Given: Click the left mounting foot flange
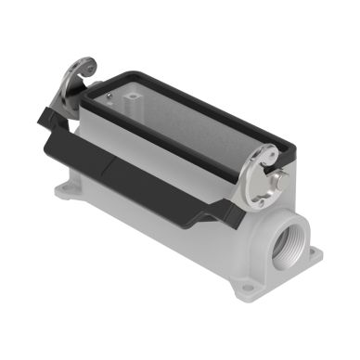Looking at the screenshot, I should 70,193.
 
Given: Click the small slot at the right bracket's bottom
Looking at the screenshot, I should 263,199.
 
